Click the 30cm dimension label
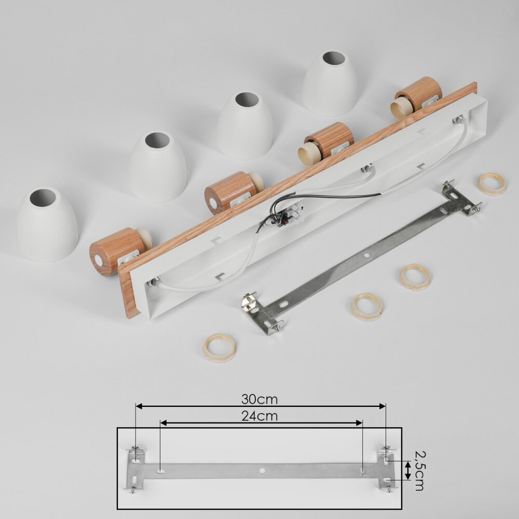coord(259,399)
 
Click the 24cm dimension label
coord(259,416)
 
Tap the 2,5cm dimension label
coord(420,471)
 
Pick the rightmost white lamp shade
coord(330,83)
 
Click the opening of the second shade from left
coord(157,140)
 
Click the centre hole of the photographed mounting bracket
coord(366,255)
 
